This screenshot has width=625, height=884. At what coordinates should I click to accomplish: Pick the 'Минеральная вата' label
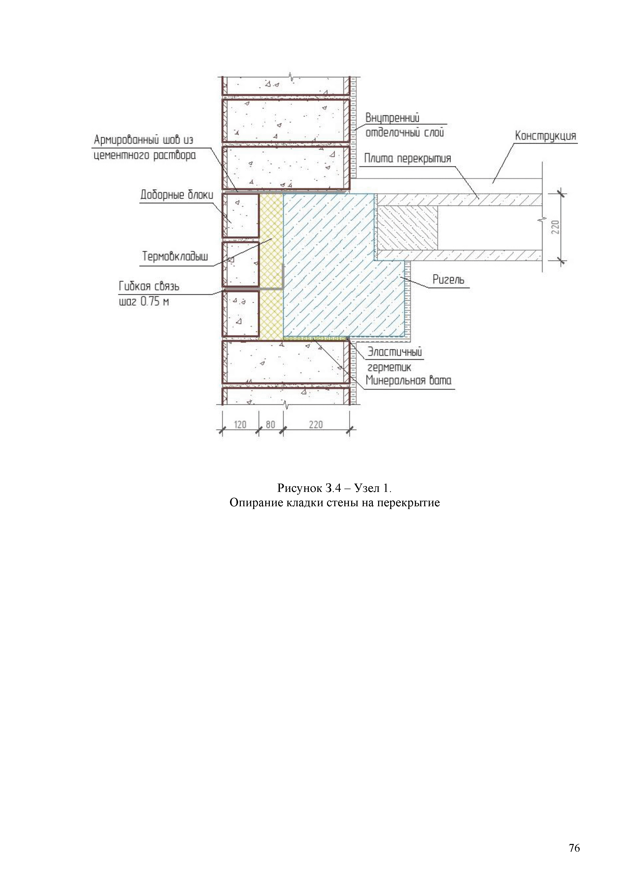pyautogui.click(x=408, y=381)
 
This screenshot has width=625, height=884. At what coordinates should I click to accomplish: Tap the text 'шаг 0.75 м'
pyautogui.click(x=144, y=301)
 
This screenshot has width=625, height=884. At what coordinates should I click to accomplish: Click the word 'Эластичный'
pyautogui.click(x=395, y=352)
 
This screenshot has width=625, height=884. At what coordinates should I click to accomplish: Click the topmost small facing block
pyautogui.click(x=240, y=216)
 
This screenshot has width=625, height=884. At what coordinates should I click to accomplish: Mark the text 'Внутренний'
pyautogui.click(x=392, y=118)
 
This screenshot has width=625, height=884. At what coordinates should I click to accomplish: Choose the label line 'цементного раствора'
pyautogui.click(x=145, y=155)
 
